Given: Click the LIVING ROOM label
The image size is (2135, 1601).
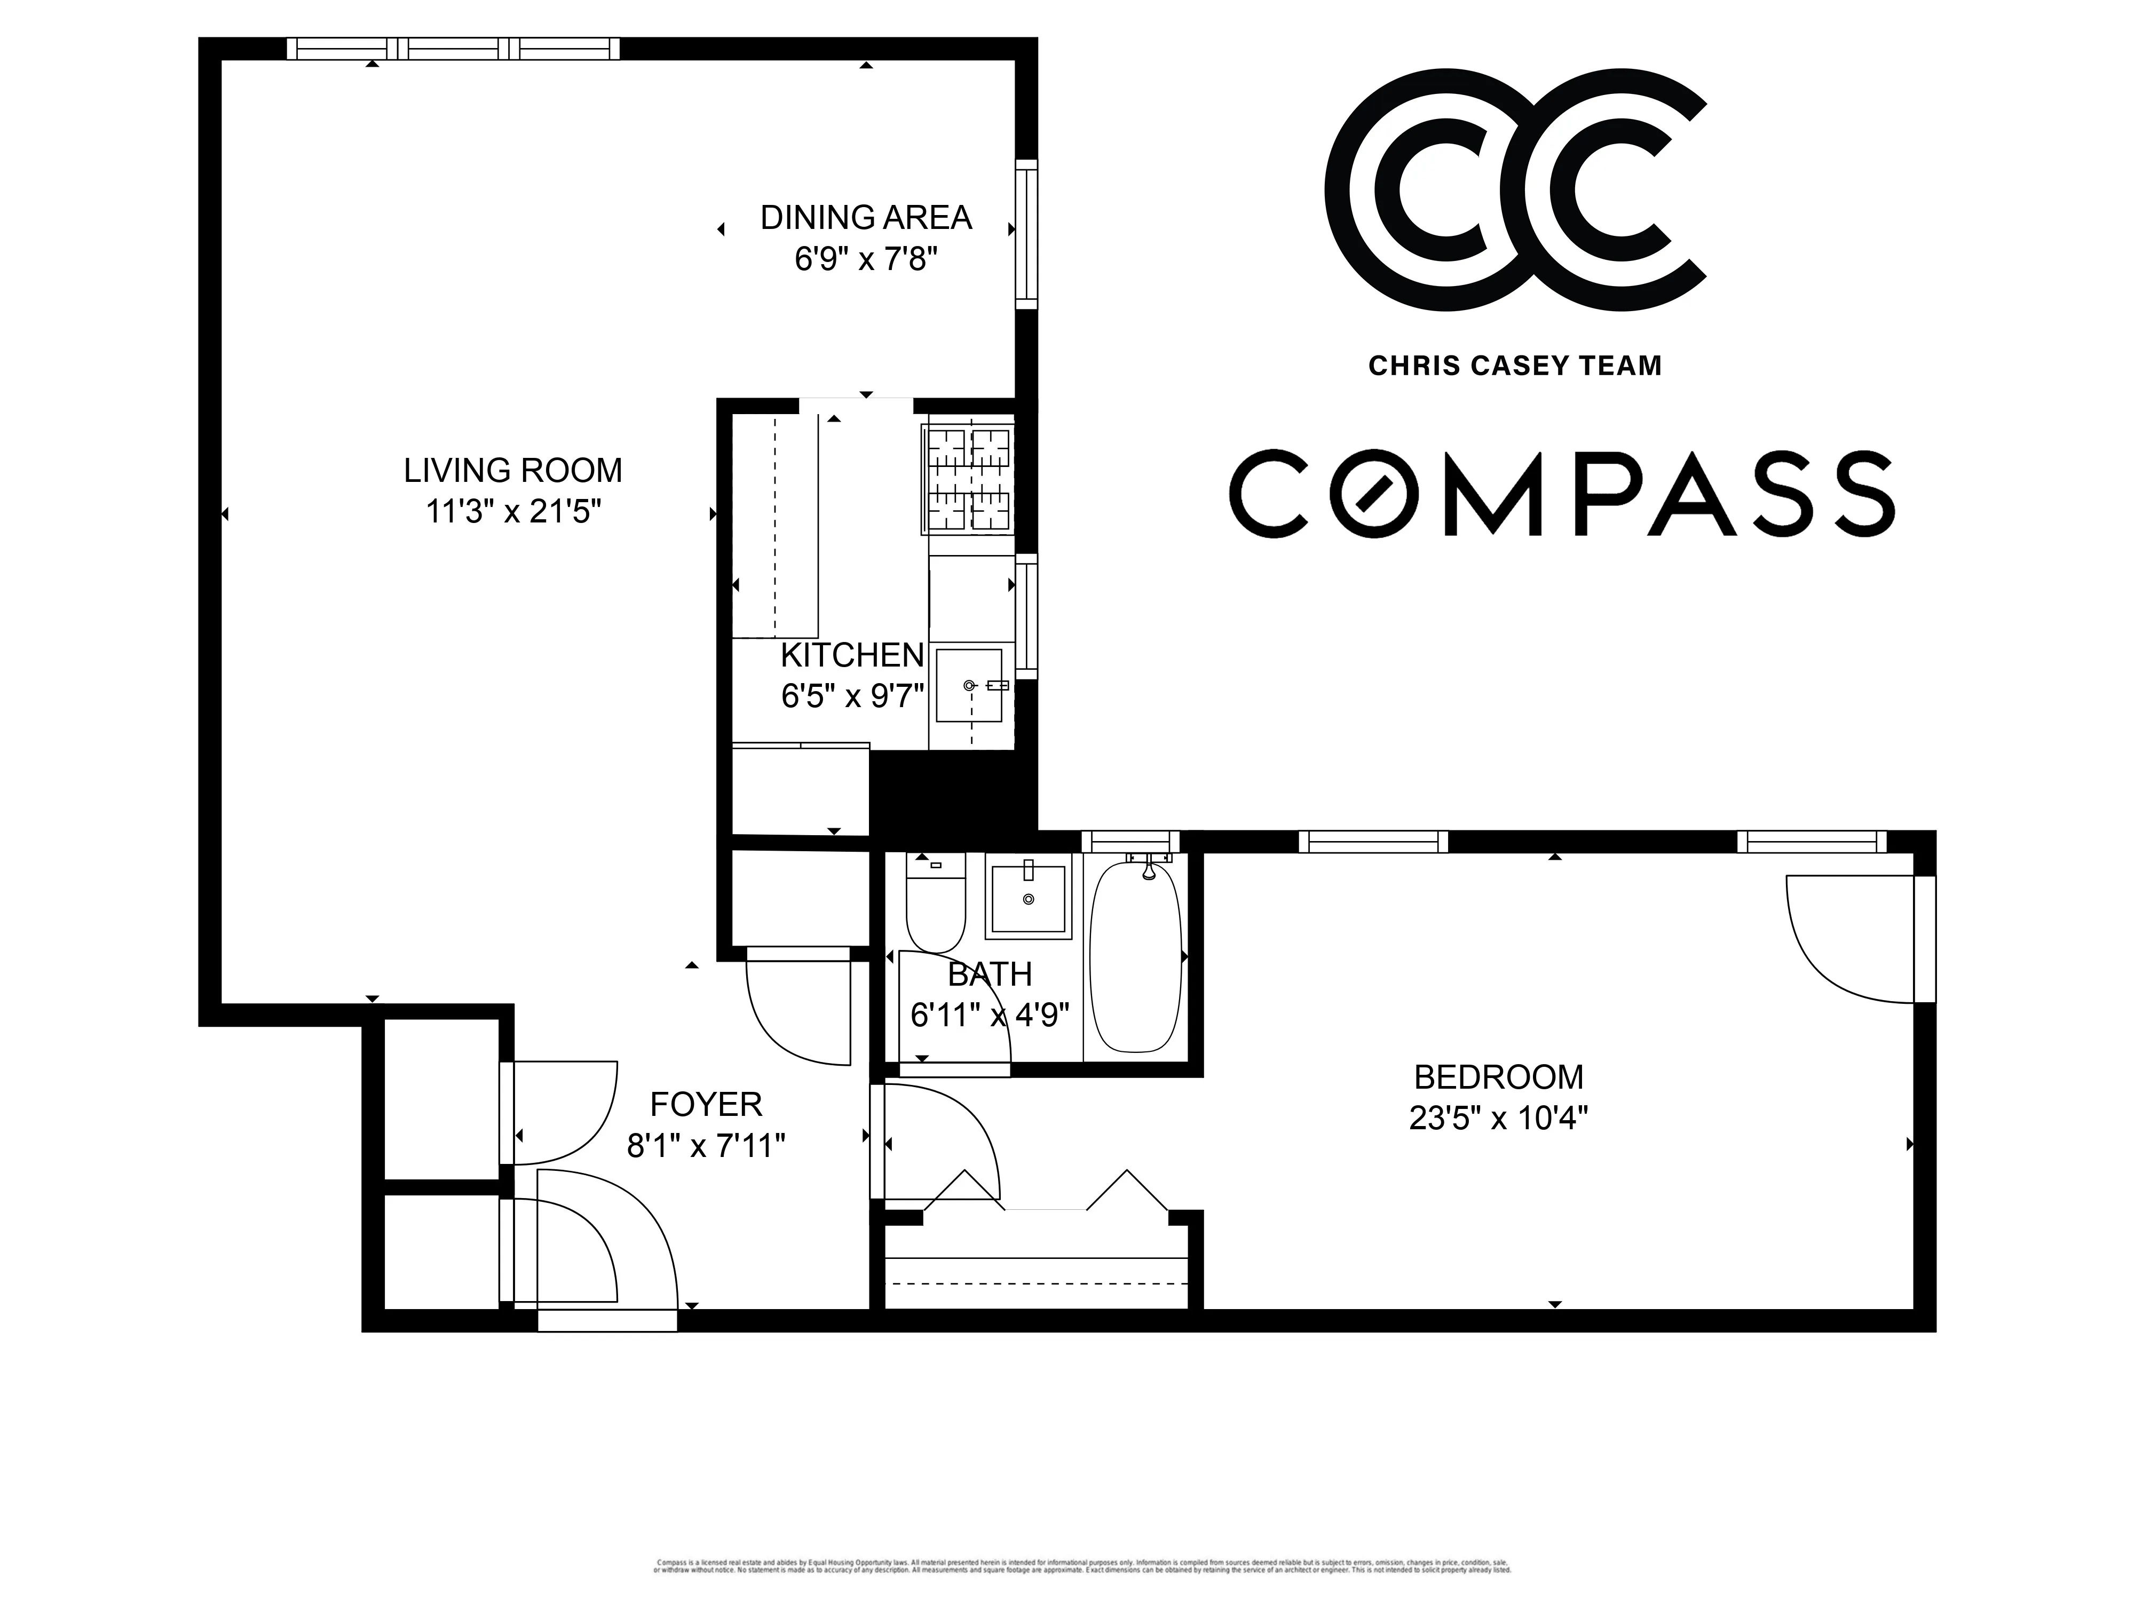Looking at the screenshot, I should coord(512,471).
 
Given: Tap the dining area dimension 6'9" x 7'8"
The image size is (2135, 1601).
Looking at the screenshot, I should coord(866,259).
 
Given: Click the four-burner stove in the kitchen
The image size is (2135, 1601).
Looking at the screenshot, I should coord(967,480).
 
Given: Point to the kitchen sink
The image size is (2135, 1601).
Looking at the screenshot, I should coord(969,685).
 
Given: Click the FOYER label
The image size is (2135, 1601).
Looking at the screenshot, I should coord(706,1104).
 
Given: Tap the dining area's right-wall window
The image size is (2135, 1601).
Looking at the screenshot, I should coord(1026,234).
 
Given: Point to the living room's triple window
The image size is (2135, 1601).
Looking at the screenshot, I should coord(454,48).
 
